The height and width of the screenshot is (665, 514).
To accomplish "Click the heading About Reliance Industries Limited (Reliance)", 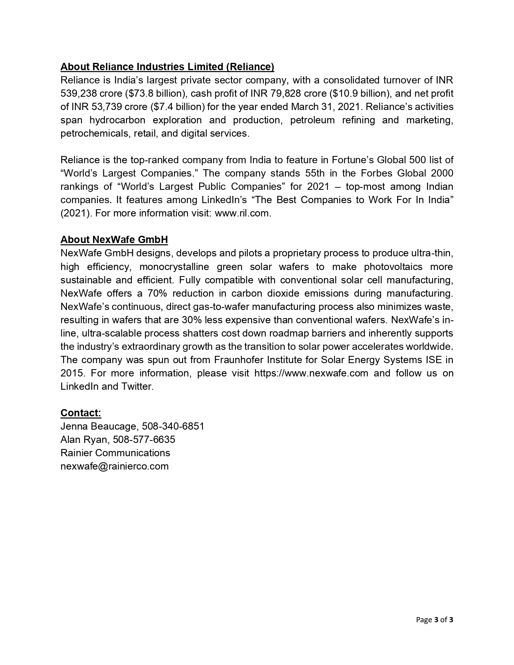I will [167, 66].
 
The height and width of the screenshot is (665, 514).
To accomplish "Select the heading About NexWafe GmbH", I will [114, 240].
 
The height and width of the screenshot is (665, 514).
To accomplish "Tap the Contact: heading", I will [81, 413].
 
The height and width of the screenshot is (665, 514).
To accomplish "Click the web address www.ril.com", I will [242, 213].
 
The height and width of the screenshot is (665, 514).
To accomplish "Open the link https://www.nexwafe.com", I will [311, 373].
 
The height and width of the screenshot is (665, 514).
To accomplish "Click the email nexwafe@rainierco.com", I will [114, 466].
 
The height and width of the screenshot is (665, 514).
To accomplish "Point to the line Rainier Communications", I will [115, 453].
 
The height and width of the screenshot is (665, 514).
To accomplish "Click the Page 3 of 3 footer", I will [435, 620].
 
